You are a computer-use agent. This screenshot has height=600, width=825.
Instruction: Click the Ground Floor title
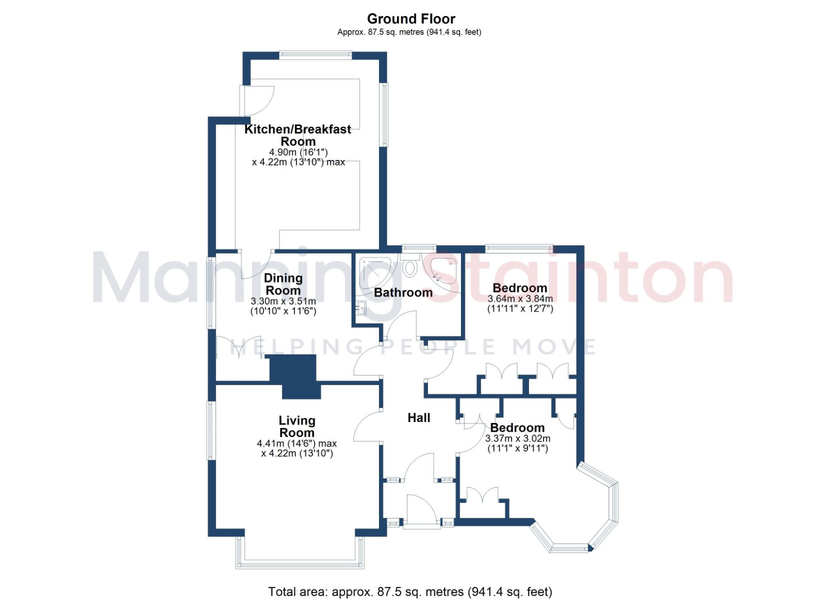411,19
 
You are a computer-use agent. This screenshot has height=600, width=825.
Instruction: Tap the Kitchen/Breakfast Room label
298,135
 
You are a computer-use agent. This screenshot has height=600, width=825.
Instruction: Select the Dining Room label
283,284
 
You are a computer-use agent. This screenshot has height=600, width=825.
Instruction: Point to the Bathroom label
403,293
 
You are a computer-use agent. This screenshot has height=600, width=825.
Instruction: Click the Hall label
419,418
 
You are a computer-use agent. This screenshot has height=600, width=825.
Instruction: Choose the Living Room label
297,427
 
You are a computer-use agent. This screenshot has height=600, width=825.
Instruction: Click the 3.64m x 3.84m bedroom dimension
520,303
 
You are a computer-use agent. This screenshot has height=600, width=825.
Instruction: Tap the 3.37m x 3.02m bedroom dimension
518,443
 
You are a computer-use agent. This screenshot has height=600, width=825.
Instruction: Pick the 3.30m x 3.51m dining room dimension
283,306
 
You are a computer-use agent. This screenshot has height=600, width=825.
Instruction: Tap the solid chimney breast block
295,377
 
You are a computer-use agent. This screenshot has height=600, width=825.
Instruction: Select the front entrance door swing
422,507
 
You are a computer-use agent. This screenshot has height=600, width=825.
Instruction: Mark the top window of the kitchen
315,55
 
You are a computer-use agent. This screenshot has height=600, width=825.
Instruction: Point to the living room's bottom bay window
300,555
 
